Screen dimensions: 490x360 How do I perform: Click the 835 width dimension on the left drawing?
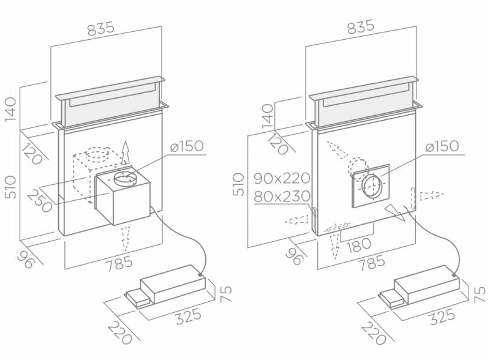pos(101,29)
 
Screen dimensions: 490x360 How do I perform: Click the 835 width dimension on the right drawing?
pos(360,26)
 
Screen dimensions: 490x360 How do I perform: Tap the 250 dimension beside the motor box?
pos(40,201)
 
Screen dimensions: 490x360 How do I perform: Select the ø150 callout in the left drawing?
pos(187,146)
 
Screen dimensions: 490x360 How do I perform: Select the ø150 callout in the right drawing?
pos(442,146)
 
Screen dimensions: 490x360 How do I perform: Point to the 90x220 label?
pos(282,178)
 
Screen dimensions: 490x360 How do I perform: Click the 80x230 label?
pos(282,197)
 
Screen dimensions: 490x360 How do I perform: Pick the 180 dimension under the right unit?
pos(359,244)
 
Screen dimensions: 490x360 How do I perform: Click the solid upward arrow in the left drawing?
pos(126,152)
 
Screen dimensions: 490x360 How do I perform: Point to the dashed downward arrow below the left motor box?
pos(126,239)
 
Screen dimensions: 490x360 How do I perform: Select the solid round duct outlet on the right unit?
pos(372,187)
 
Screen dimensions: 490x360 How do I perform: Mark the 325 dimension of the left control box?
pos(189,316)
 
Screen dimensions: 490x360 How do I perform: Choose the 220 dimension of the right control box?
pos(374,333)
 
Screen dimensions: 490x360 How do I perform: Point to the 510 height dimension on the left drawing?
pos(10,187)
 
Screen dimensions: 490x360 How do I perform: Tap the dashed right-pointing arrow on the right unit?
pos(432,195)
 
